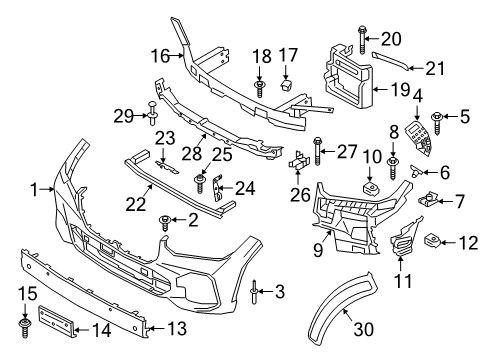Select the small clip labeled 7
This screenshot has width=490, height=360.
pyautogui.click(x=433, y=197)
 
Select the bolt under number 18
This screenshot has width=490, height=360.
pyautogui.click(x=259, y=89)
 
